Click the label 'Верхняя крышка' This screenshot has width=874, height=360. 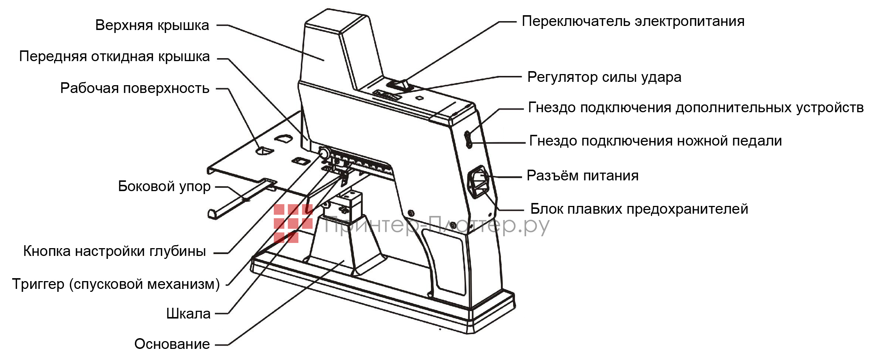tap(152, 25)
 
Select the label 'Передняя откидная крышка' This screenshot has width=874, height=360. tap(114, 57)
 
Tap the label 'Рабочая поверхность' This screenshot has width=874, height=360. tap(134, 89)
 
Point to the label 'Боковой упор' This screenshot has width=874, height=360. tap(164, 186)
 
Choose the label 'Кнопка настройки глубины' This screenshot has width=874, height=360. tap(114, 251)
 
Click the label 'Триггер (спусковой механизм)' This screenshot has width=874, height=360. tap(116, 284)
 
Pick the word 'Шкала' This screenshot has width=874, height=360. tap(188, 314)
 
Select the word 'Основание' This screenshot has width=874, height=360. tap(172, 344)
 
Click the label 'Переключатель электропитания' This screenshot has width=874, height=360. tap(633, 21)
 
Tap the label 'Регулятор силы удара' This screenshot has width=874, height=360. tap(604, 77)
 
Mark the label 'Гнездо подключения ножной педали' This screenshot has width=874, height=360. tap(655, 141)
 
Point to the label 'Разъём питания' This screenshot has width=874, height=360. tap(582, 176)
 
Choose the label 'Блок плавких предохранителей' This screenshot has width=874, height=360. tap(639, 209)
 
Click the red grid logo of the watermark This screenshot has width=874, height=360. tap(293, 223)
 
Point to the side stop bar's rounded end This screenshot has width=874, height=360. tap(213, 214)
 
